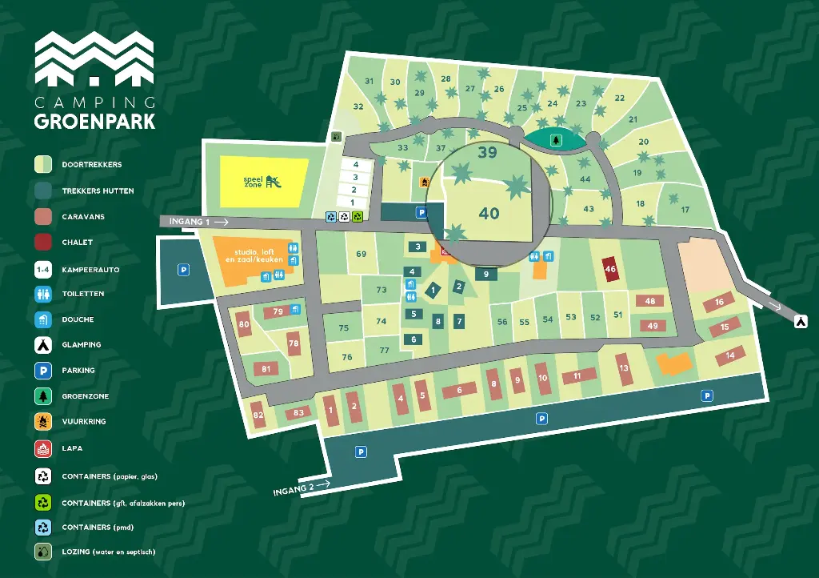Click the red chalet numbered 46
click(x=610, y=270)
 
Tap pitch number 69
click(x=361, y=255)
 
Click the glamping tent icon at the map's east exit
click(x=800, y=320)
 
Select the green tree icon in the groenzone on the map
click(x=555, y=139)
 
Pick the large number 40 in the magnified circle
click(x=489, y=213)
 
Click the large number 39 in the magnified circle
click(x=487, y=152)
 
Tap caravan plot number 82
click(x=258, y=415)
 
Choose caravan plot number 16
click(x=719, y=302)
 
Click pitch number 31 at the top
click(x=370, y=81)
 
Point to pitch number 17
click(x=685, y=210)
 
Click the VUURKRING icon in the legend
click(x=43, y=422)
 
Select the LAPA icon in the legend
click(x=43, y=448)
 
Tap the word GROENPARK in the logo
click(x=94, y=122)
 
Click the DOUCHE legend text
click(x=78, y=319)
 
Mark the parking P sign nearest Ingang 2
click(x=361, y=452)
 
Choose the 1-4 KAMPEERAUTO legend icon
click(x=43, y=270)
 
